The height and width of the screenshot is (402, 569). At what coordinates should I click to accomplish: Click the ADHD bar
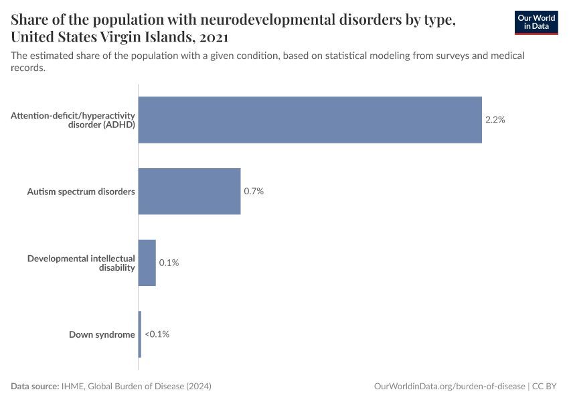pos(309,120)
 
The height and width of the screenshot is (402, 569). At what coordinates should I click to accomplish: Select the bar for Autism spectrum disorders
pos(189,191)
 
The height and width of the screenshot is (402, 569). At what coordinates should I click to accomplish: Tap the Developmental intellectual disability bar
pos(147,263)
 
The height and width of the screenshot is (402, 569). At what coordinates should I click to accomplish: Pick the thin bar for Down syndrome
pos(139,334)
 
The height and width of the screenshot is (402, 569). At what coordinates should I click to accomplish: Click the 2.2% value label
pos(495,120)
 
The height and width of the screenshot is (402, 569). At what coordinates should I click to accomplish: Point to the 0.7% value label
pos(254,191)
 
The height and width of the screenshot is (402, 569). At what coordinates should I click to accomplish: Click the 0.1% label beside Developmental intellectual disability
pos(169,263)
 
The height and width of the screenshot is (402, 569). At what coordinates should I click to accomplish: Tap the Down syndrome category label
pos(102,334)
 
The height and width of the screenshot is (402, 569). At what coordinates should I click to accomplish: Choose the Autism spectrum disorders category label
pos(81,192)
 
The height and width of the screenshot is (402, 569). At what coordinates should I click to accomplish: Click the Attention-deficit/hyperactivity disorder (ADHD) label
pos(73,120)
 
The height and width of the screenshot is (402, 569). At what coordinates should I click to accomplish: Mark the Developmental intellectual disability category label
pos(81,263)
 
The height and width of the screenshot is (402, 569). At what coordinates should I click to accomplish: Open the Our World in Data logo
pos(536,23)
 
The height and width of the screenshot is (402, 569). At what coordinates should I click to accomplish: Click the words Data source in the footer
pos(35,387)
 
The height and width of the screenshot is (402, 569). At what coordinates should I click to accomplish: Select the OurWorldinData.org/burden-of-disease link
pos(449,387)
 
